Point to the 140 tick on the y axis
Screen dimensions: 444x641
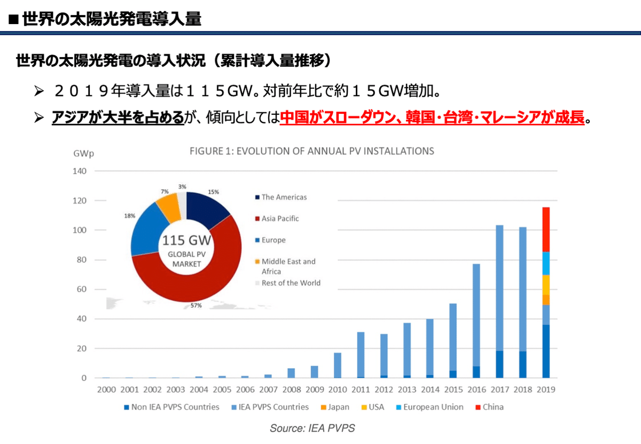pyautogui.click(x=79, y=172)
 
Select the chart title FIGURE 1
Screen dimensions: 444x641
pyautogui.click(x=312, y=151)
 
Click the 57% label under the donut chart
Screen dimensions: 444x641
pyautogui.click(x=196, y=306)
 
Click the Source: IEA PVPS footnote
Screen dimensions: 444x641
pyautogui.click(x=312, y=428)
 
